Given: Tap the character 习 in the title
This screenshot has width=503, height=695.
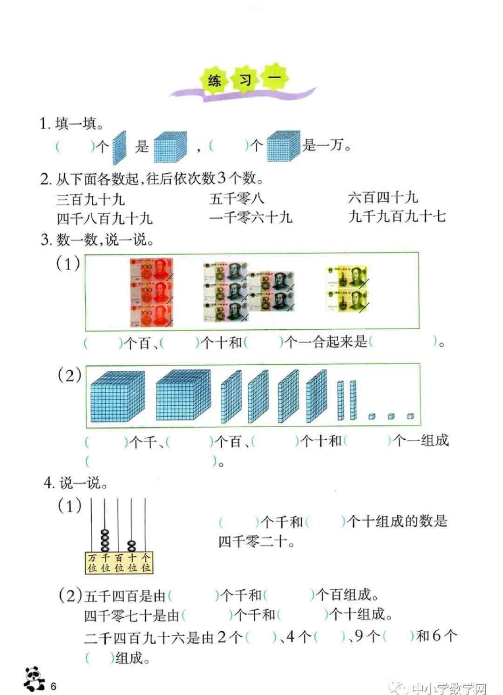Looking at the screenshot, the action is click(245, 81).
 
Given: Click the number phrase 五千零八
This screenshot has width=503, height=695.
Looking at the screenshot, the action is click(237, 198).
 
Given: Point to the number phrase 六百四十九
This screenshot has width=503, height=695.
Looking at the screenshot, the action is click(382, 198).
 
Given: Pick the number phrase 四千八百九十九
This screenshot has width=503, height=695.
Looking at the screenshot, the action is click(105, 218).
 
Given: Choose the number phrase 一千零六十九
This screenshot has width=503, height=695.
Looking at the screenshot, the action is click(251, 217).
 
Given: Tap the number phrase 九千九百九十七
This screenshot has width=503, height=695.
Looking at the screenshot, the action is click(397, 216).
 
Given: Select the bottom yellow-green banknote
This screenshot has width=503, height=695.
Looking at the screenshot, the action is click(347, 300).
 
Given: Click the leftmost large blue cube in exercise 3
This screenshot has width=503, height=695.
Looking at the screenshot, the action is click(118, 396).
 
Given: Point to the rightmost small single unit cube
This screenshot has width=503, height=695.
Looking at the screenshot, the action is click(410, 416).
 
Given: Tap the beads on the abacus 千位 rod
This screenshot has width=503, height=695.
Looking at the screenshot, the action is click(105, 540).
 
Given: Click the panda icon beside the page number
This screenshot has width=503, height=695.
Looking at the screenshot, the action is click(34, 678).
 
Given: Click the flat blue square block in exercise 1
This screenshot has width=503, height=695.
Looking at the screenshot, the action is click(119, 148).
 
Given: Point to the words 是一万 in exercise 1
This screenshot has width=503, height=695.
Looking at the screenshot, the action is click(323, 145).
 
